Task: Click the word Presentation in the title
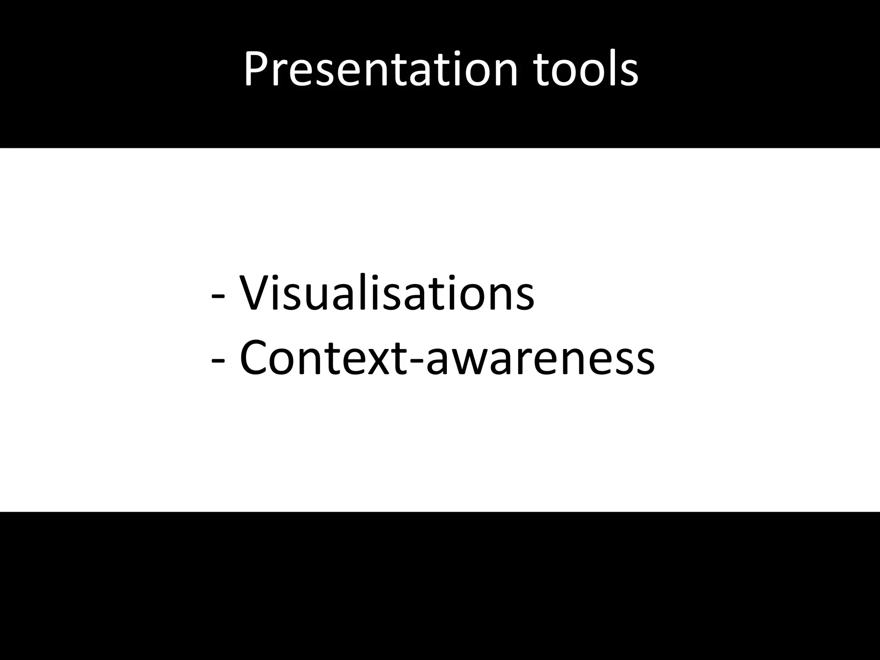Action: pyautogui.click(x=381, y=69)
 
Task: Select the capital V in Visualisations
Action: pyautogui.click(x=256, y=292)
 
